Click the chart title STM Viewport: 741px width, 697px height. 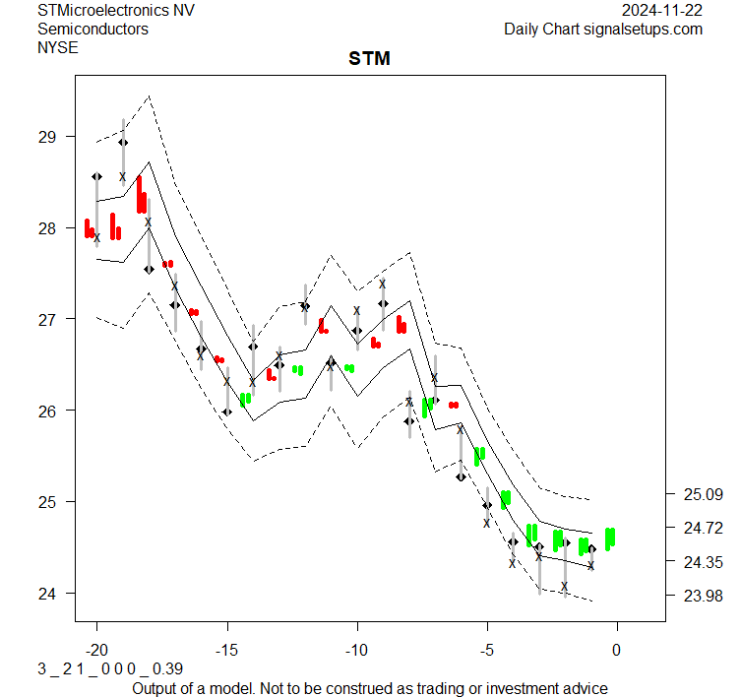tap(369, 59)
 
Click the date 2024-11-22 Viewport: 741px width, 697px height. tap(662, 10)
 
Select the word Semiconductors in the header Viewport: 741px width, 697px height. tap(93, 29)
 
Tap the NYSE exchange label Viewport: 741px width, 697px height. tap(57, 46)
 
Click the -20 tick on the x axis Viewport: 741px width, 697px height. tap(96, 651)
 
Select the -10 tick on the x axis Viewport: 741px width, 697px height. tap(356, 651)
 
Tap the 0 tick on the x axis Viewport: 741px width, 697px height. tap(617, 651)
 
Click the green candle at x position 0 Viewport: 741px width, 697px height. tap(610, 538)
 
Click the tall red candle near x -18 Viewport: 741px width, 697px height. tap(142, 195)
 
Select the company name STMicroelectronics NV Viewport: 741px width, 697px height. tap(116, 10)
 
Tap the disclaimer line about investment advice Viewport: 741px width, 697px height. tap(369, 688)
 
